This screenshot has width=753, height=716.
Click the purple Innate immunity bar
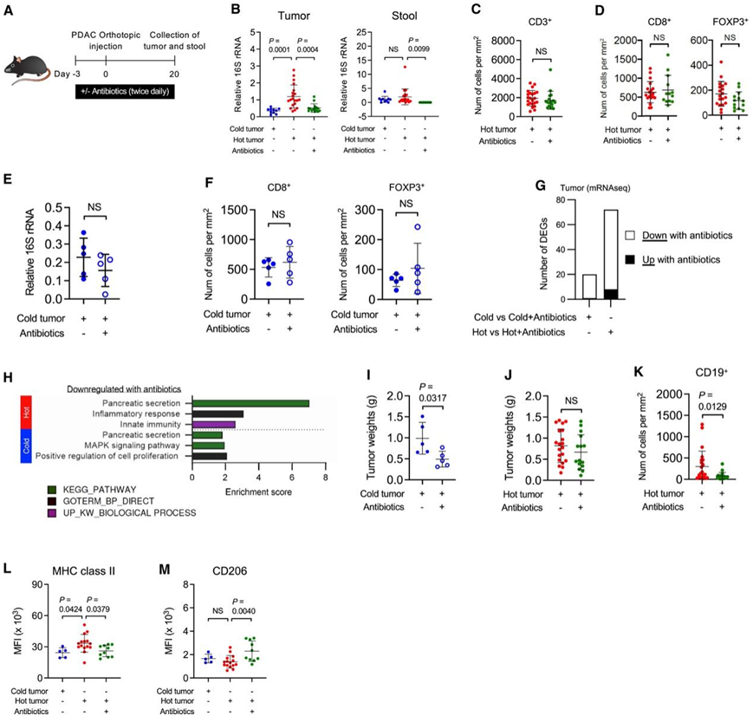(x=213, y=424)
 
